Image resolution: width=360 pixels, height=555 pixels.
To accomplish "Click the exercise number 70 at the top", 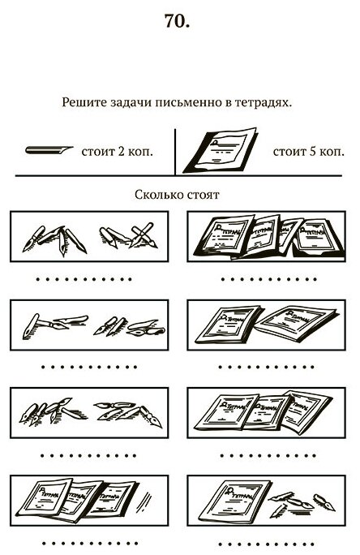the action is (178, 21).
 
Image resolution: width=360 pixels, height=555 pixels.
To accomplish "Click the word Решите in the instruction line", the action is (84, 102).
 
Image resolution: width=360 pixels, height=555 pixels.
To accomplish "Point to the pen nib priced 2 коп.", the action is (49, 150).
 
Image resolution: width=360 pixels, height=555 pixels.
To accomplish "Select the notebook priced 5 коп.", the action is (220, 150).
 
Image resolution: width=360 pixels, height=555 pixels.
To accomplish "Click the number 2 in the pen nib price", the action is (121, 152).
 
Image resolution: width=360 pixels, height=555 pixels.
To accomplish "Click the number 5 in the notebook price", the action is (313, 152).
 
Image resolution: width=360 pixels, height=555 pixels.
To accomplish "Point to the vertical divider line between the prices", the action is (175, 152).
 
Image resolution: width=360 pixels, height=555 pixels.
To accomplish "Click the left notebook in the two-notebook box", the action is (228, 325).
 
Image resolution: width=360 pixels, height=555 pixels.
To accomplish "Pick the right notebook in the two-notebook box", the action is (297, 322).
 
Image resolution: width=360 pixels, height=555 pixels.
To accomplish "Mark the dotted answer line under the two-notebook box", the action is (266, 367).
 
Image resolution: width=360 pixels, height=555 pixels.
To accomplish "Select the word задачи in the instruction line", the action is (131, 103).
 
